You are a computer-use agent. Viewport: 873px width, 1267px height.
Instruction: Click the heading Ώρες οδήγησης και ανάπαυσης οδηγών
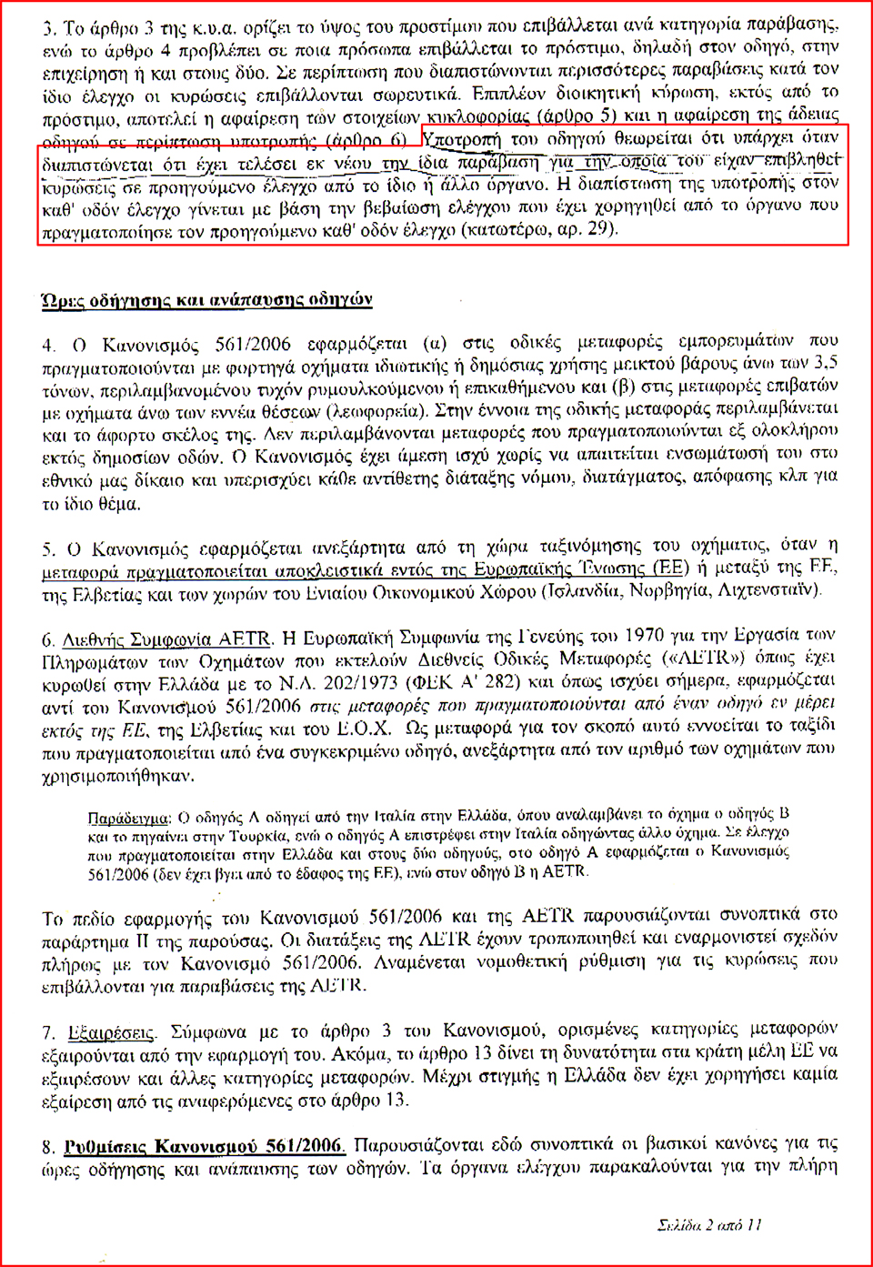[x=207, y=299]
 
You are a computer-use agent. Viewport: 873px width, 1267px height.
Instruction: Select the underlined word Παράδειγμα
[x=127, y=817]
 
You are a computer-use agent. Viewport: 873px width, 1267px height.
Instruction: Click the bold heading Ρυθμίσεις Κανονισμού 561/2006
[x=205, y=1145]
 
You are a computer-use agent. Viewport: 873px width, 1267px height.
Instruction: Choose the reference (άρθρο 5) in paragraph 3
[x=574, y=116]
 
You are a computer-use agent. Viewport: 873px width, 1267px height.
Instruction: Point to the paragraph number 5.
[x=48, y=549]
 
